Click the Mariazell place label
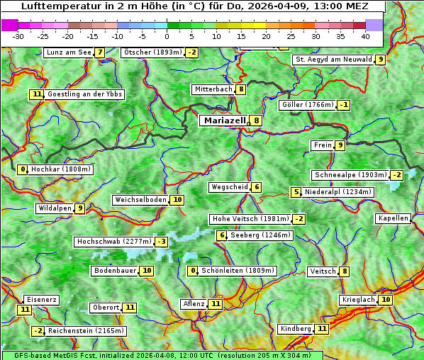(225, 120)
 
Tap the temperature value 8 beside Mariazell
(256, 120)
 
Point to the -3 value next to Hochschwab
(162, 242)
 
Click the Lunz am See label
(68, 52)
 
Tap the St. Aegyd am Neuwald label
(333, 60)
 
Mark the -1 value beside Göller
(344, 105)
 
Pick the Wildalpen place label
(55, 208)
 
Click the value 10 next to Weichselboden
(177, 200)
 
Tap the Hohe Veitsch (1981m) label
(250, 219)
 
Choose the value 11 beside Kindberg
(322, 329)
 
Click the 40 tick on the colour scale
(365, 36)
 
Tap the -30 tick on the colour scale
(18, 36)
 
